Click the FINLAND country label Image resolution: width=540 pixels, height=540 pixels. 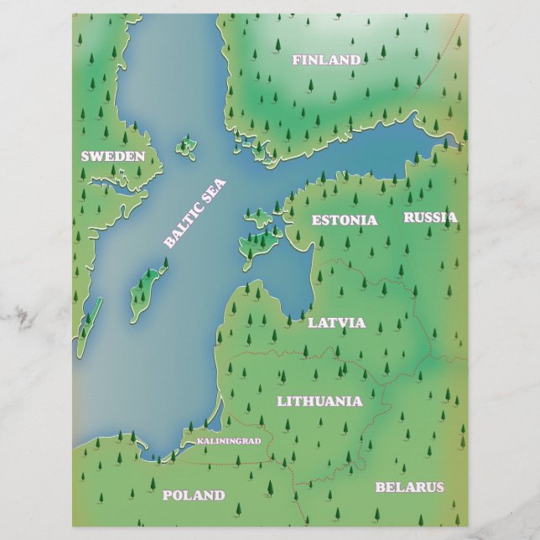[326, 60]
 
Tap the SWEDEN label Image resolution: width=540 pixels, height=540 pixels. [112, 156]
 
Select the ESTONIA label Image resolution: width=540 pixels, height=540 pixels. [344, 220]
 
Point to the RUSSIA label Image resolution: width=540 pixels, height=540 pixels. [430, 217]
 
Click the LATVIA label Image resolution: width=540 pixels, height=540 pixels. [336, 322]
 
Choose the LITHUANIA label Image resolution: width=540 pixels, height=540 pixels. [319, 401]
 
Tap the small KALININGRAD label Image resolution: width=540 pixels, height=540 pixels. [229, 440]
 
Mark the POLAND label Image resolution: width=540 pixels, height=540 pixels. [194, 495]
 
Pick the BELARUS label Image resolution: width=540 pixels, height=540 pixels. [409, 486]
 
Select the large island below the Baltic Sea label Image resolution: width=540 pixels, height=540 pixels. [148, 289]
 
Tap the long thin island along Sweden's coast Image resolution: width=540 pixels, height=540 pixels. [88, 327]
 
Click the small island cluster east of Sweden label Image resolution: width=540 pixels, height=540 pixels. [185, 148]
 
